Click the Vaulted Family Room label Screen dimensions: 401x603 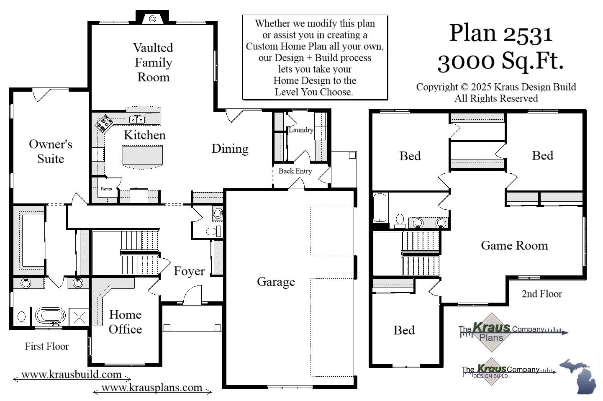153,62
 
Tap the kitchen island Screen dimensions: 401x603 142,155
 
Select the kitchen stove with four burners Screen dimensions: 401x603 103,123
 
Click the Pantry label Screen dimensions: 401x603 106,189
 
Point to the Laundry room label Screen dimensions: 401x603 301,130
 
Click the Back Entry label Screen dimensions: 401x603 295,171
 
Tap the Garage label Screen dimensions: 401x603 276,282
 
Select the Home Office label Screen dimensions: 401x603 125,322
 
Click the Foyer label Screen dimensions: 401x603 189,271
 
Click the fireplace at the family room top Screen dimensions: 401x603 153,19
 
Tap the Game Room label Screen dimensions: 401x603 514,245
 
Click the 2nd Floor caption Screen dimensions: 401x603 541,294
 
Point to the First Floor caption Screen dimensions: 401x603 46,346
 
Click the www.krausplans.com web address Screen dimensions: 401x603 152,388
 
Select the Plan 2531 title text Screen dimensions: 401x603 501,33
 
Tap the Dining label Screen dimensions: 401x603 230,149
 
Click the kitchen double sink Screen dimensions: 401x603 137,120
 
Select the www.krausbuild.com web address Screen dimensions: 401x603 72,374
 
